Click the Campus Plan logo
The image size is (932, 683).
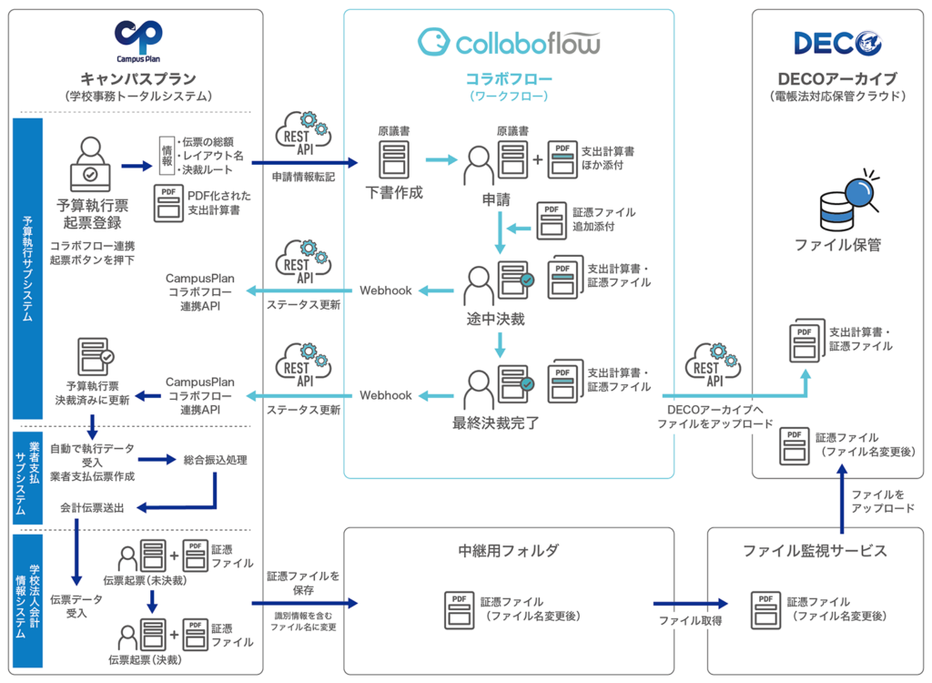(x=138, y=42)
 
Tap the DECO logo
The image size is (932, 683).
(x=837, y=42)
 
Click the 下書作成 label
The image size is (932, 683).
(x=393, y=193)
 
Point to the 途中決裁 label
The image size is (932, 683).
(x=496, y=320)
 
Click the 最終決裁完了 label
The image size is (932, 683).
(x=496, y=423)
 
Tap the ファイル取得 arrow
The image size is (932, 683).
(x=692, y=603)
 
